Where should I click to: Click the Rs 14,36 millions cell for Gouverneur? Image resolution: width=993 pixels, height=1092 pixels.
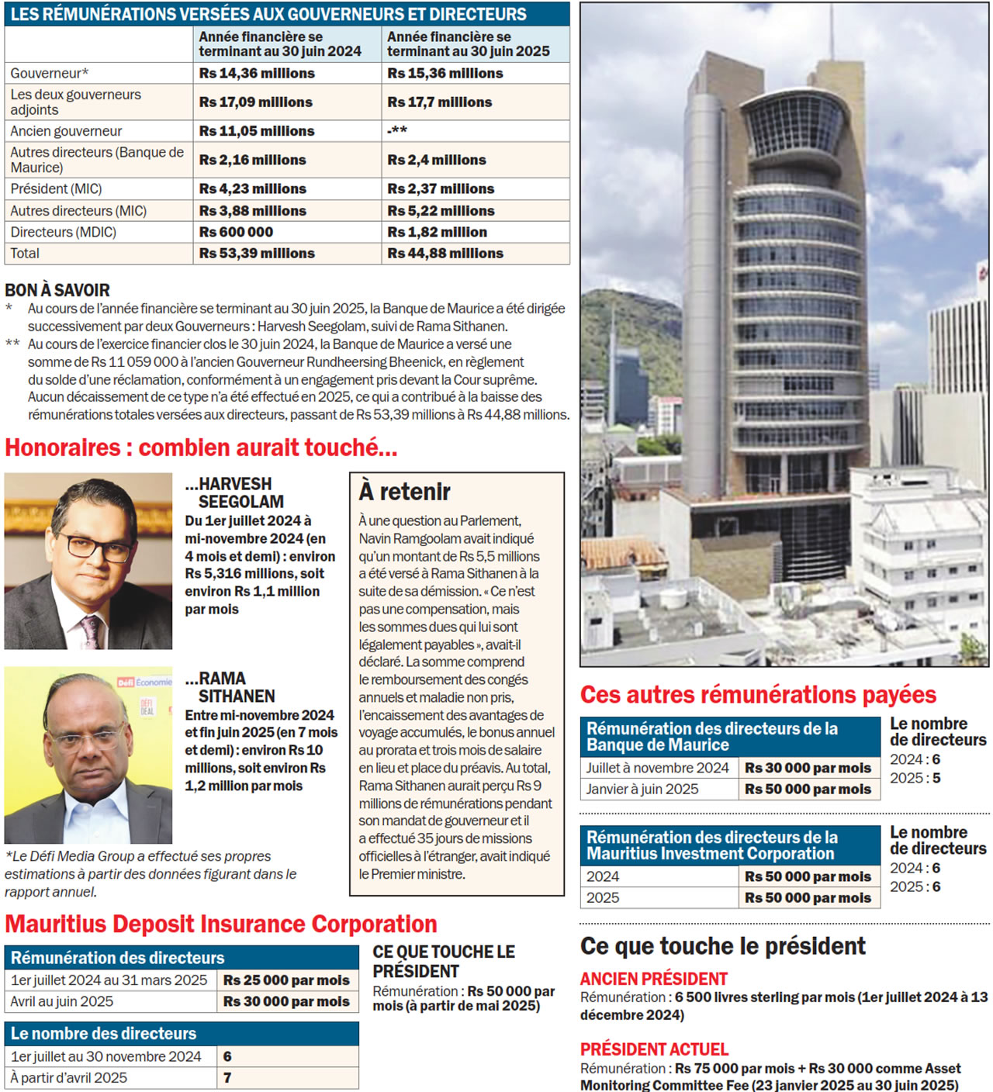[257, 73]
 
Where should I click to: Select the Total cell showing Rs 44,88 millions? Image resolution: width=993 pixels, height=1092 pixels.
[445, 254]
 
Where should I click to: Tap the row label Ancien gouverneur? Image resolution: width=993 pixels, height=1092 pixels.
[66, 131]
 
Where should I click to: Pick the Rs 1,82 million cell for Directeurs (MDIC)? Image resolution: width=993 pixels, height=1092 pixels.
[438, 232]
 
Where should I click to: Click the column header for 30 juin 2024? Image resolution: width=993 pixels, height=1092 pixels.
[280, 44]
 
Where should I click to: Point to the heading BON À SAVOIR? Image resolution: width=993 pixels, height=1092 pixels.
[57, 290]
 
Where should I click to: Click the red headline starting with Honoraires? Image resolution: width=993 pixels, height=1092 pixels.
[201, 448]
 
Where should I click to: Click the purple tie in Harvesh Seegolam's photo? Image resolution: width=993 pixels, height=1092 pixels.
[91, 630]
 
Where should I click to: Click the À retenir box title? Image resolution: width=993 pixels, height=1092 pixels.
[404, 492]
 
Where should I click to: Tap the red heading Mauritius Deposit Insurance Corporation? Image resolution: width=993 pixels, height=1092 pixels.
[221, 924]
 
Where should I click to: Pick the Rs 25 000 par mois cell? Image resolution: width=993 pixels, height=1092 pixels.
[286, 980]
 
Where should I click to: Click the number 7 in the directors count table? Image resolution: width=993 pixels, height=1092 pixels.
[227, 1078]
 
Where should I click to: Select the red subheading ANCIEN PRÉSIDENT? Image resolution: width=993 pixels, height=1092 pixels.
[653, 979]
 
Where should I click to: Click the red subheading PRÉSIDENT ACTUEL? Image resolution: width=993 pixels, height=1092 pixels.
[654, 1049]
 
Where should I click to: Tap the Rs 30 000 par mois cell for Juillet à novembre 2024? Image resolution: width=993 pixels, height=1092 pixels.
[808, 768]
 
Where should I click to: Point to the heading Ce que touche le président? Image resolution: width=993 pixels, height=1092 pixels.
[722, 946]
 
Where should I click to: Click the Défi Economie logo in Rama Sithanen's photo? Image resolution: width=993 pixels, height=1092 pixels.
[144, 682]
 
